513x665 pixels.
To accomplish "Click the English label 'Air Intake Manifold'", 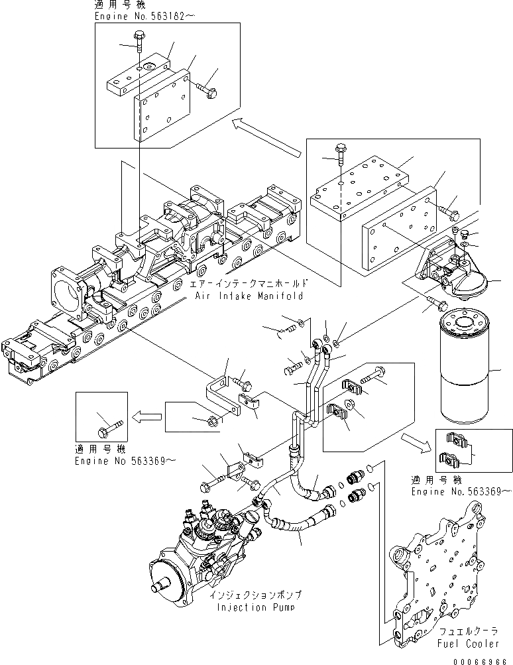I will [249, 296].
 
